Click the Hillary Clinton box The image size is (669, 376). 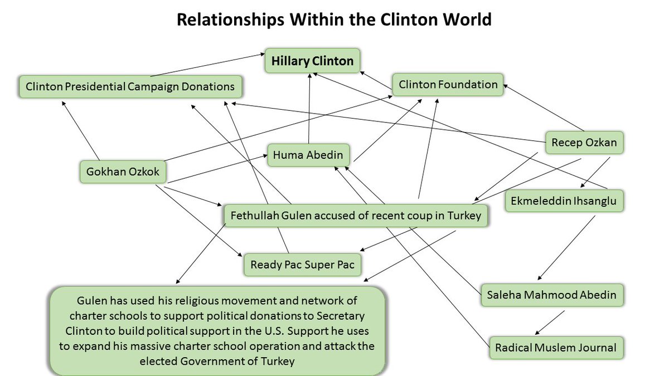coord(312,61)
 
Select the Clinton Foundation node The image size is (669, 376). coord(448,85)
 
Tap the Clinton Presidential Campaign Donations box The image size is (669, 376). coord(130,87)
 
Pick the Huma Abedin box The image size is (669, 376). coord(308,155)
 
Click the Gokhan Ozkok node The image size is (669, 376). coord(123,172)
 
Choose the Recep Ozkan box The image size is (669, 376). coord(584,143)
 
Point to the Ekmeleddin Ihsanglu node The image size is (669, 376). coord(564,201)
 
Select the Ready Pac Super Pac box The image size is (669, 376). coord(302,265)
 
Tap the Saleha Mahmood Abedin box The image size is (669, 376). coord(551,295)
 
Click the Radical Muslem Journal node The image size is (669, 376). coord(556,348)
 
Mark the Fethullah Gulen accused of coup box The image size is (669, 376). coord(356,216)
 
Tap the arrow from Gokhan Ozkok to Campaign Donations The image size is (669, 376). coord(81,131)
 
